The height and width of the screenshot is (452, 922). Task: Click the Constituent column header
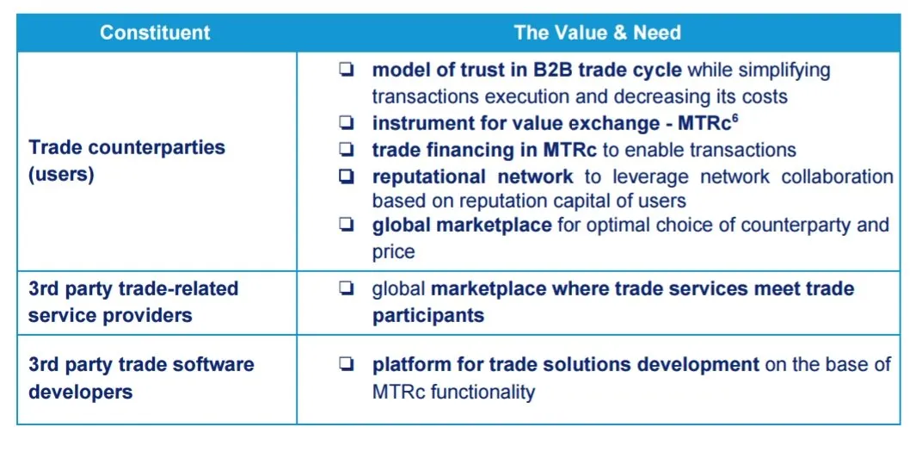(155, 33)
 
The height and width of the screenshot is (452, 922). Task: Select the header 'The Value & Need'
(598, 33)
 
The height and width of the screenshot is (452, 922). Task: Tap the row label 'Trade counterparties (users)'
(127, 161)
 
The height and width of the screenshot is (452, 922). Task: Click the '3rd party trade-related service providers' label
(133, 302)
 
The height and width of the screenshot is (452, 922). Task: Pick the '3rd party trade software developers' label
(141, 377)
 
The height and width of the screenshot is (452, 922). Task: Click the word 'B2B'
(549, 70)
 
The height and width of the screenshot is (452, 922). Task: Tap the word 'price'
(393, 252)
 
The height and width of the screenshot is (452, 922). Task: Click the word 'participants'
(428, 315)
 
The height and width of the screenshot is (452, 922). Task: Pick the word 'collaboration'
(838, 176)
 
